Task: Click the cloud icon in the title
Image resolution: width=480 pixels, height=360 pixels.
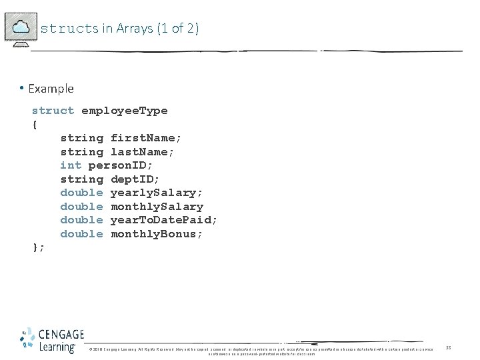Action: (x=21, y=27)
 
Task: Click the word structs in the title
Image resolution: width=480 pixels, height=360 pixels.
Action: (x=69, y=29)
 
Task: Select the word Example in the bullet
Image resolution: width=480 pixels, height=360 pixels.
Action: (x=51, y=89)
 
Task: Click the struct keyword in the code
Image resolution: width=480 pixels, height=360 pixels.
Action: (x=53, y=111)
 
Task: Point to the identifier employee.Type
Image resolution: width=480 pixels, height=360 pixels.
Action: (x=124, y=111)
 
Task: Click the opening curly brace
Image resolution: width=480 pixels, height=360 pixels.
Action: (x=35, y=124)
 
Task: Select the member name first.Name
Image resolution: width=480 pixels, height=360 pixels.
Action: (x=145, y=138)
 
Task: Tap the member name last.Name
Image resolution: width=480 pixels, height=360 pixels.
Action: (x=142, y=152)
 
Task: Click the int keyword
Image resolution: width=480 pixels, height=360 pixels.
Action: (x=71, y=165)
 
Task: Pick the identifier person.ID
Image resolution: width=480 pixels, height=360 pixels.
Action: (x=121, y=165)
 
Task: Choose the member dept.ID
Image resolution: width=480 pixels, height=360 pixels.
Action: (x=135, y=179)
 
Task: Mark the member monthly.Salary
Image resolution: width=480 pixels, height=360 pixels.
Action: (x=157, y=207)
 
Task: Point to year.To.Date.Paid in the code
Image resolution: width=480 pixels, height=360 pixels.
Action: (x=163, y=220)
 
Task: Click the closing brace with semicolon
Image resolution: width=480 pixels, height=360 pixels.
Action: (x=39, y=247)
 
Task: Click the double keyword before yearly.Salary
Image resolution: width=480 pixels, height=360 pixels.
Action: (x=81, y=193)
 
